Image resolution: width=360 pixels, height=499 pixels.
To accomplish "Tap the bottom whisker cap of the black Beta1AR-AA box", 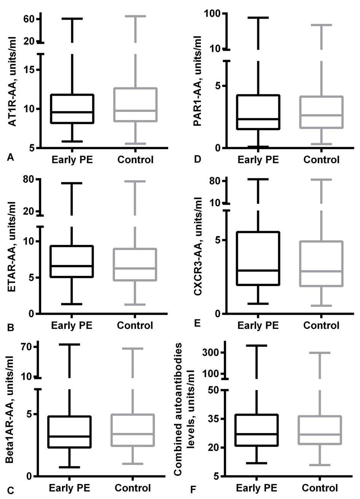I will pos(70,467).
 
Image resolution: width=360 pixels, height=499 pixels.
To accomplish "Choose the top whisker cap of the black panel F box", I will pos(256,345).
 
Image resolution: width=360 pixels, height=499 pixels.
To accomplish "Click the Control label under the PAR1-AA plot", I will pos(322,159).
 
